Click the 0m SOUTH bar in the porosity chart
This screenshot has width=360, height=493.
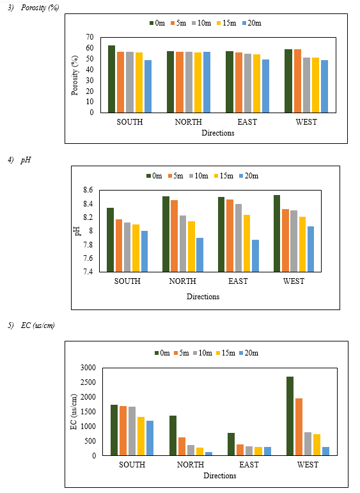pyautogui.click(x=112, y=79)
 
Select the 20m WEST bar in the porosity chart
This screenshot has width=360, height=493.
pyautogui.click(x=324, y=86)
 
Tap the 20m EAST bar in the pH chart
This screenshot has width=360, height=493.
pyautogui.click(x=255, y=256)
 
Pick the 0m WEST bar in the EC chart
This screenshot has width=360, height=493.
pyautogui.click(x=290, y=416)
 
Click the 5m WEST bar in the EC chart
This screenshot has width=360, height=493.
pyautogui.click(x=299, y=427)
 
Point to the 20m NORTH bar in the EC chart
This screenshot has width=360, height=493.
pyautogui.click(x=208, y=454)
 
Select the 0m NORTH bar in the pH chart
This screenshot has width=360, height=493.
pyautogui.click(x=166, y=234)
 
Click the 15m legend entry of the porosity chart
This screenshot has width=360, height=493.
pyautogui.click(x=226, y=23)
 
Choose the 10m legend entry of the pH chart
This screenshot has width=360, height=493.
pyautogui.click(x=199, y=176)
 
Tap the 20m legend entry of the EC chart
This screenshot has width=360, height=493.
pyautogui.click(x=249, y=353)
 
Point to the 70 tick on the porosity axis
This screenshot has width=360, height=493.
pyautogui.click(x=90, y=37)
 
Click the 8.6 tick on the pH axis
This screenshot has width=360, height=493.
pyautogui.click(x=88, y=190)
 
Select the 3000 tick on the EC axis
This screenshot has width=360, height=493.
pyautogui.click(x=88, y=368)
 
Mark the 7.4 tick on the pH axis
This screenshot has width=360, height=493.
pyautogui.click(x=88, y=272)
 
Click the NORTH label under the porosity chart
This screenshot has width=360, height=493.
pyautogui.click(x=189, y=122)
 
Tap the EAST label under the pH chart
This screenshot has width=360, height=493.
pyautogui.click(x=238, y=281)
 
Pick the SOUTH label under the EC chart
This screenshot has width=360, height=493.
pyautogui.click(x=132, y=465)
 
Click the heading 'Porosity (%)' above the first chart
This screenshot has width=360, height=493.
pyautogui.click(x=40, y=8)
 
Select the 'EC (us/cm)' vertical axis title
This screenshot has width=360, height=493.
pyautogui.click(x=74, y=412)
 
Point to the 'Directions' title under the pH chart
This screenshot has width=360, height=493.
pyautogui.click(x=203, y=297)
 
